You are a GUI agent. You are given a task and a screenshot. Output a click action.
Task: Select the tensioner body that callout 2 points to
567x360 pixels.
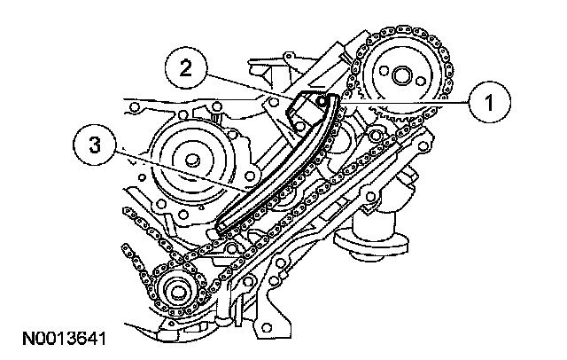click(x=306, y=111)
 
